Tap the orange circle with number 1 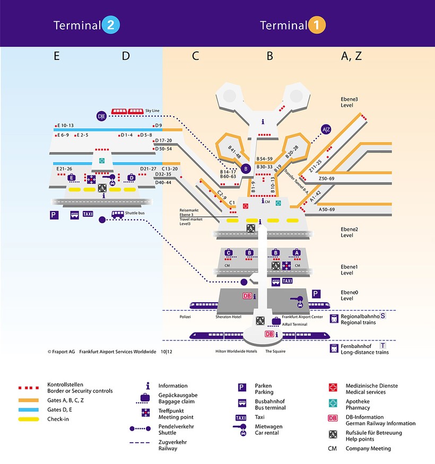pyautogui.click(x=317, y=25)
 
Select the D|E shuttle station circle pyautogui.click(x=102, y=116)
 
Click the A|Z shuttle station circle pyautogui.click(x=326, y=129)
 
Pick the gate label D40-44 pyautogui.click(x=163, y=182)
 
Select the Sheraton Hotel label pyautogui.click(x=229, y=317)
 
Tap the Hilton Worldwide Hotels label pyautogui.click(x=236, y=351)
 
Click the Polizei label pyautogui.click(x=185, y=317)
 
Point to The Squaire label pyautogui.click(x=276, y=351)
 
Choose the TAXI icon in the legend pyautogui.click(x=241, y=418)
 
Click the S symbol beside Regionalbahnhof pyautogui.click(x=382, y=316)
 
